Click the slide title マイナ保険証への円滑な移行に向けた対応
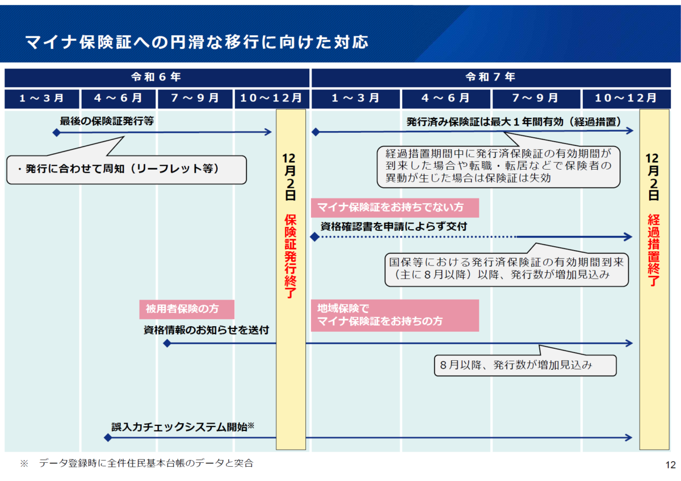click(197, 42)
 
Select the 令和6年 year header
click(157, 78)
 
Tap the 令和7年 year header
click(491, 78)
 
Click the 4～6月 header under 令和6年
click(118, 99)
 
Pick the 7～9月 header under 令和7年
click(536, 99)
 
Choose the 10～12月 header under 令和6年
click(272, 99)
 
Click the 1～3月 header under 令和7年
click(355, 99)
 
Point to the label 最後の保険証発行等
click(107, 121)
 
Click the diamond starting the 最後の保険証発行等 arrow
click(57, 133)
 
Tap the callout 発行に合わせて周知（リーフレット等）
click(127, 170)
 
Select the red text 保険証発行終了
click(291, 256)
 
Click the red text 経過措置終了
click(654, 250)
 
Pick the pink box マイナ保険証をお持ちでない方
click(394, 208)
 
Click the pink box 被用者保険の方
click(187, 309)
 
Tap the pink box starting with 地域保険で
click(394, 315)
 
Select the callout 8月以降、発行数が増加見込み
click(525, 365)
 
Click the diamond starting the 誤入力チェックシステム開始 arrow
click(108, 438)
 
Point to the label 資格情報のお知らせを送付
click(206, 330)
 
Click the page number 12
click(670, 465)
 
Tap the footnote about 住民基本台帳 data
click(137, 463)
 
